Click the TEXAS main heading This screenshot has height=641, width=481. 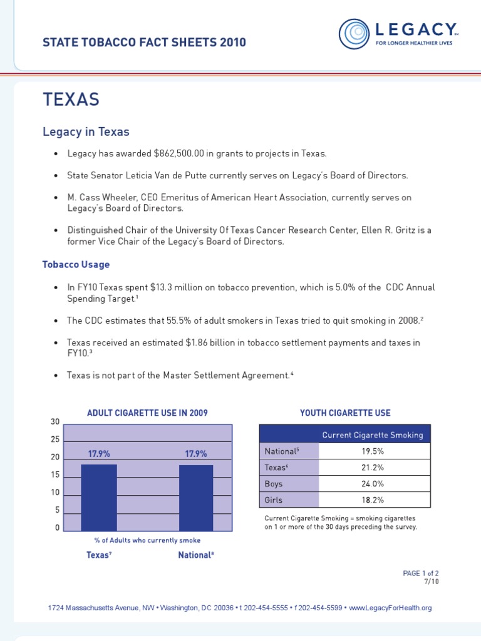click(71, 100)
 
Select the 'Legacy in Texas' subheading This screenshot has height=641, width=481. click(86, 131)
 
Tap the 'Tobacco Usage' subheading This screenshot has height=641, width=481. click(76, 264)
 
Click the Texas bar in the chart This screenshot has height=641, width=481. click(99, 498)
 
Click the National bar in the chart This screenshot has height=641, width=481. click(196, 498)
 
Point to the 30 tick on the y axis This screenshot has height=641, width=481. click(55, 423)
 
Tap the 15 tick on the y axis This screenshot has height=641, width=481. click(55, 475)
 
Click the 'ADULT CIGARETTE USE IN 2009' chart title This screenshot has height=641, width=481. click(147, 413)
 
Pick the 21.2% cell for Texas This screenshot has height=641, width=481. click(374, 467)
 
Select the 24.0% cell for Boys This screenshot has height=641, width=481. click(374, 483)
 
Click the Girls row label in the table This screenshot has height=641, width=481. click(274, 500)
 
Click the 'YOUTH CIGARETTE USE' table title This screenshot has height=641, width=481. click(345, 413)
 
